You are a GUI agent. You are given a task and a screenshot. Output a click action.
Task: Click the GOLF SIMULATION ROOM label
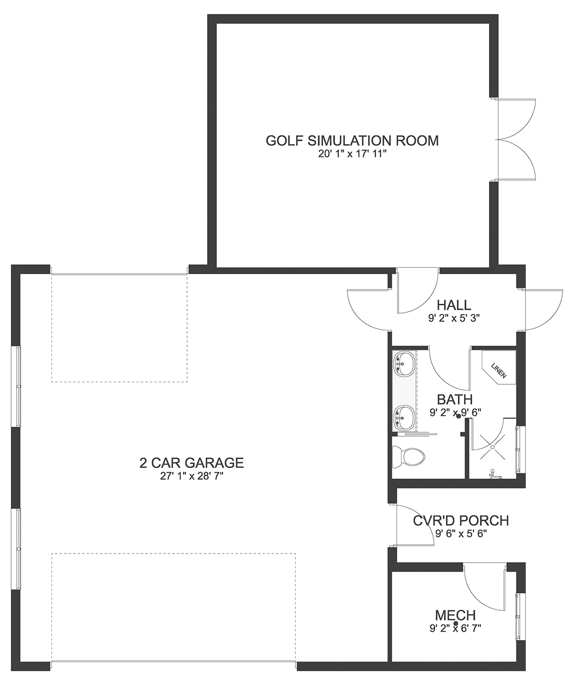(x=352, y=141)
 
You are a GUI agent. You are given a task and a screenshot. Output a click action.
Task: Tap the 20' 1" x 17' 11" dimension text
(x=353, y=154)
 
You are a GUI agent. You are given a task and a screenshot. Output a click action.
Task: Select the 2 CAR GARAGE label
(x=191, y=463)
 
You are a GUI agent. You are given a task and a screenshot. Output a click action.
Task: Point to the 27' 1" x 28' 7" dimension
(x=192, y=476)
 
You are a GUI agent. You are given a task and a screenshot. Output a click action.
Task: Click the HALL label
(x=454, y=305)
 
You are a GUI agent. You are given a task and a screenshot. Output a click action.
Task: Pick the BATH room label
(x=454, y=399)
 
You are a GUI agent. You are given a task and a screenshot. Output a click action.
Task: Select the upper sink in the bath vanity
(x=403, y=364)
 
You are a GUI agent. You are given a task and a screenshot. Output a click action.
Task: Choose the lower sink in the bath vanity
(x=403, y=418)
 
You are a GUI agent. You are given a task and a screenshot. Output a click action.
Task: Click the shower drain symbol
(x=492, y=447)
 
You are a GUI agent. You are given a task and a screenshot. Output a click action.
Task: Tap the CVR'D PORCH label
(x=461, y=521)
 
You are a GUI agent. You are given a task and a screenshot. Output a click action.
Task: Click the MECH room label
(x=455, y=616)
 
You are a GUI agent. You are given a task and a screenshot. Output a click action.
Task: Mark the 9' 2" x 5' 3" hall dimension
(x=454, y=318)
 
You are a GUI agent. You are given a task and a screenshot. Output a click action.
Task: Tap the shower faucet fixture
(x=494, y=474)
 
